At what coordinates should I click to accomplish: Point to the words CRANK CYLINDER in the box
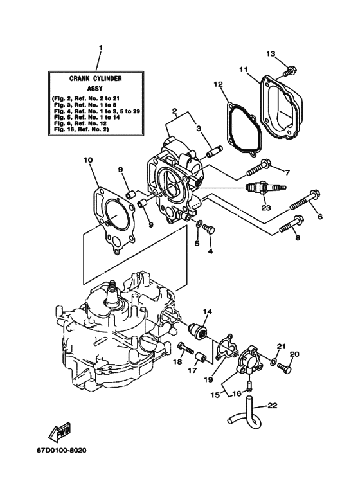point(96,78)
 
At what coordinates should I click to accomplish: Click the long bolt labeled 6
point(305,199)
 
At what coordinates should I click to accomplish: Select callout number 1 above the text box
point(100,48)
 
